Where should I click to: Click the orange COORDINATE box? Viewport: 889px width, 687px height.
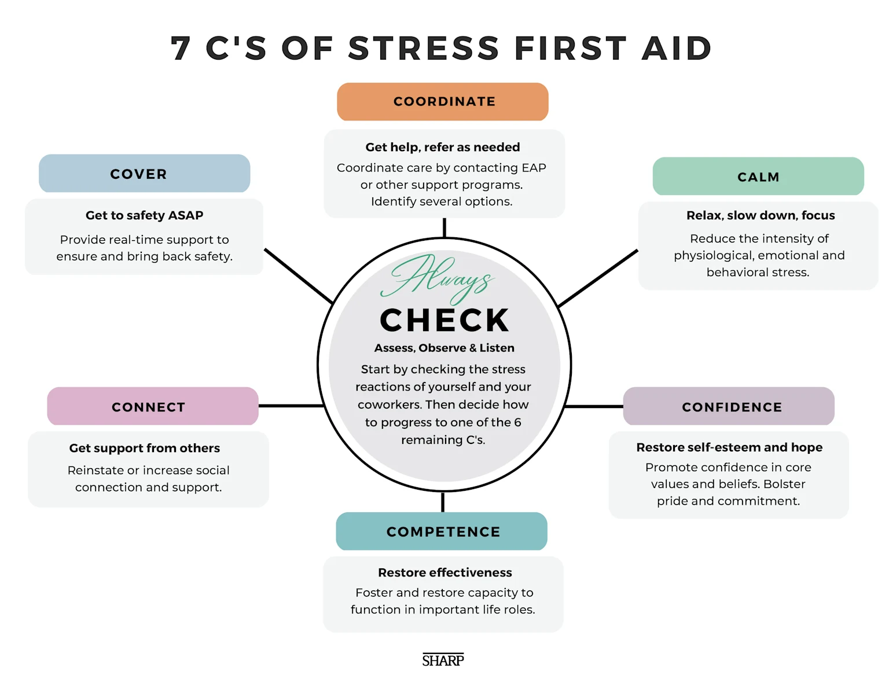(x=443, y=102)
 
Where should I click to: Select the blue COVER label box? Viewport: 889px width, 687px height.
(x=144, y=174)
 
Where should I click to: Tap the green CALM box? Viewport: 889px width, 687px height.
(x=758, y=177)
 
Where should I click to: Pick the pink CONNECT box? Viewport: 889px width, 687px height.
(x=153, y=406)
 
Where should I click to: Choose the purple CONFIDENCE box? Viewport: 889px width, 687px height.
(x=729, y=406)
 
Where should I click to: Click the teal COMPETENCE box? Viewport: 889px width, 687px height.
(x=442, y=531)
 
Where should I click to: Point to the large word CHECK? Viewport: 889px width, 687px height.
(x=444, y=321)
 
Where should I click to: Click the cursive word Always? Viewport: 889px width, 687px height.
(x=438, y=277)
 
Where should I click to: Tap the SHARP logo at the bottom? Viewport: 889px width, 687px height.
(x=443, y=660)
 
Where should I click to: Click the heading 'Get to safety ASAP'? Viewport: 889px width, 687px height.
(x=144, y=215)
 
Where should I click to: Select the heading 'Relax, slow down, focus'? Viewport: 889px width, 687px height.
(x=760, y=215)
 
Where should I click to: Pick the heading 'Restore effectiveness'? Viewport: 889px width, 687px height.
(x=444, y=572)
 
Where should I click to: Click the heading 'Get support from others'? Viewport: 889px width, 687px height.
(x=144, y=448)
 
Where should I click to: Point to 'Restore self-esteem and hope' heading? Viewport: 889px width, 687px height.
(x=729, y=447)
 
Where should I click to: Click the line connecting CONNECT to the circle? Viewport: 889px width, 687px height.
(x=291, y=406)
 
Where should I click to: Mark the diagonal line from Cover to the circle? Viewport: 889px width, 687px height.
(x=298, y=275)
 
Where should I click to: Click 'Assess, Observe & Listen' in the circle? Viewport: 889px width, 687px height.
(x=444, y=348)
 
